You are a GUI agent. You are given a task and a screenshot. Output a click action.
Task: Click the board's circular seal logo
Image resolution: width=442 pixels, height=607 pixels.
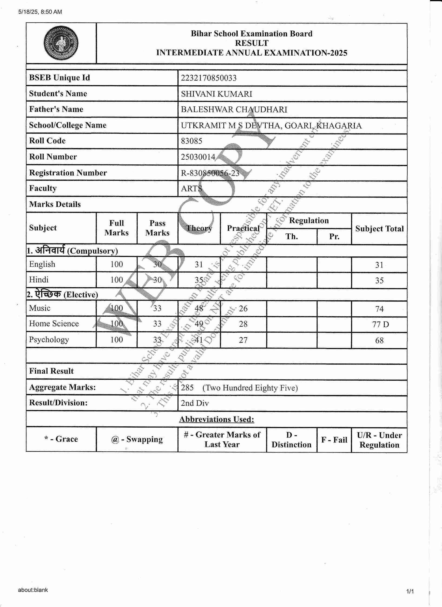click(61, 43)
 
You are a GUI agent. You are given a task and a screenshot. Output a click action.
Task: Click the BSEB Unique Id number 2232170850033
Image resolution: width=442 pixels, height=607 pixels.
click(209, 78)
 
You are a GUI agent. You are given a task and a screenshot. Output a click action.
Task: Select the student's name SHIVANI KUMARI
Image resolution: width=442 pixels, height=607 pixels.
click(216, 94)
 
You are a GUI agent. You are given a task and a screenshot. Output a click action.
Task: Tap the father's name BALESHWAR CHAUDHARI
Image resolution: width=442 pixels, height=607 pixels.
click(234, 109)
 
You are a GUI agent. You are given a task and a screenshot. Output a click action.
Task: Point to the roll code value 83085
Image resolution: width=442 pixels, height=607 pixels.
click(192, 141)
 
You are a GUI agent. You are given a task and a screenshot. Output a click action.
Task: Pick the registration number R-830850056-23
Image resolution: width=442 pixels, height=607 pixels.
click(210, 173)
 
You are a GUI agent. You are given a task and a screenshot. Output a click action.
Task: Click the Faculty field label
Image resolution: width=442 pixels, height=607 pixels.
click(43, 188)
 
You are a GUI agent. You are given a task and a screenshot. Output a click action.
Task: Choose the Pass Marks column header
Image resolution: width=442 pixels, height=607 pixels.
click(157, 228)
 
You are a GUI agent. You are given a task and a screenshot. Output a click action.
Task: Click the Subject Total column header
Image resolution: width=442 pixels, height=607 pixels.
click(379, 229)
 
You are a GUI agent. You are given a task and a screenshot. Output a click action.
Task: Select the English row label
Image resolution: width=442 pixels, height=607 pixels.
click(42, 264)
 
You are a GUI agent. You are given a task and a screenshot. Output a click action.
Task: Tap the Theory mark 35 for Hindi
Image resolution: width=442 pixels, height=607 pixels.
click(199, 280)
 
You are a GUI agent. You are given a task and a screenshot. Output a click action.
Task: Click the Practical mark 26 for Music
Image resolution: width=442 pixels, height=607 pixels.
click(243, 308)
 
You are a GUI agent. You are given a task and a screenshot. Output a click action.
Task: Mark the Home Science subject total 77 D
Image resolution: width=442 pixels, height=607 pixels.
click(380, 324)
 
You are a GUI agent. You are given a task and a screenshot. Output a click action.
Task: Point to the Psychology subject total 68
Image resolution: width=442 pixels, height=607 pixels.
click(379, 340)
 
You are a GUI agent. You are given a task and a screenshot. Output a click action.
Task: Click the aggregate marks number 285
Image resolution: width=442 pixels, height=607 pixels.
click(187, 388)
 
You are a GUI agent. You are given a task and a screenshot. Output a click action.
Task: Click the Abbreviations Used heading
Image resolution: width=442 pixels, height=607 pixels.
click(217, 419)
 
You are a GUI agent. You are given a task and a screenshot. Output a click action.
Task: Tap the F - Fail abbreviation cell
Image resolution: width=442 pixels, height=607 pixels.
click(334, 440)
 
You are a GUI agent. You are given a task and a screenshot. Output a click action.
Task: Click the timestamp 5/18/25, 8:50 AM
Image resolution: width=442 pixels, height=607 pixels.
click(40, 12)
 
